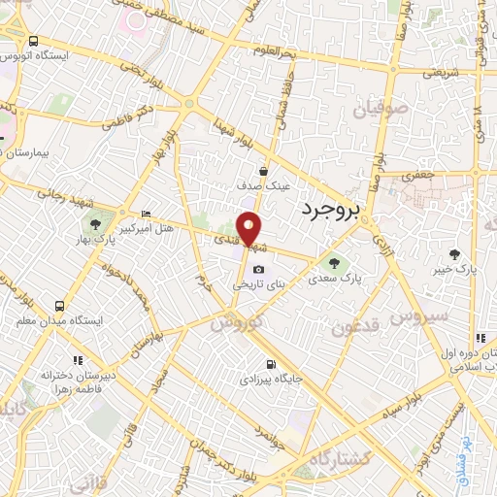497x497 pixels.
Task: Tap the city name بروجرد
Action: [330, 208]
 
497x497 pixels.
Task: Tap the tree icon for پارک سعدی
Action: [335, 262]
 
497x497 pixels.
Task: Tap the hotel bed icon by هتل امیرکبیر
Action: [146, 214]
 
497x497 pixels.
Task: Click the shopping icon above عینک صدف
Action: [263, 171]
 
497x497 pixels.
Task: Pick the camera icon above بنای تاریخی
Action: [257, 270]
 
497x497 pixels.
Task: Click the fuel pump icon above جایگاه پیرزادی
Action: [269, 365]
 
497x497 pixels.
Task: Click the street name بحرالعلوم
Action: [271, 50]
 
